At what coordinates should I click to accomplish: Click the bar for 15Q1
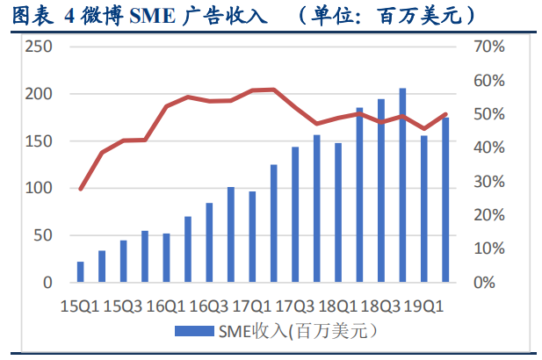[81, 272]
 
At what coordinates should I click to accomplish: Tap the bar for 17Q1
[252, 237]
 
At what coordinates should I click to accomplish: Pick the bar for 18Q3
[381, 191]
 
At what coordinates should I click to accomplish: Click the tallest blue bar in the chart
[402, 185]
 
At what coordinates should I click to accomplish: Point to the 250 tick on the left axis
[38, 47]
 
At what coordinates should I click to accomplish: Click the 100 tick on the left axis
[38, 189]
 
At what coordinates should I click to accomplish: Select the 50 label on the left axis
[41, 236]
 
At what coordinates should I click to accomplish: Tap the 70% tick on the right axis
[488, 47]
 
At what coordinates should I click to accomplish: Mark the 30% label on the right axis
[488, 182]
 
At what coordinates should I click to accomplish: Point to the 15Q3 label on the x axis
[123, 306]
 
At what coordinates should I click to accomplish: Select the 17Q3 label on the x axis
[295, 306]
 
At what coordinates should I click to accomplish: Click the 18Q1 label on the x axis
[338, 306]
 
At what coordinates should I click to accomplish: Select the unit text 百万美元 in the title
[432, 15]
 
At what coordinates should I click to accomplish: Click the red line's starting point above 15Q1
[81, 189]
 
